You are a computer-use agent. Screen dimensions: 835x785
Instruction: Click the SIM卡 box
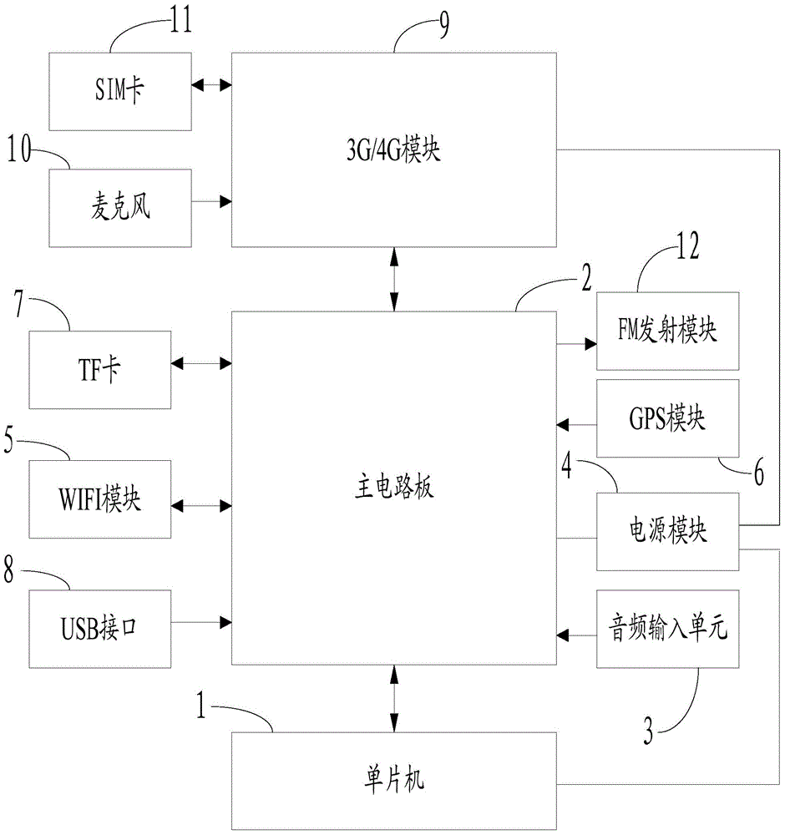(x=119, y=90)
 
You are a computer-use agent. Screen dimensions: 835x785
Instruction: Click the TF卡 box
(x=100, y=370)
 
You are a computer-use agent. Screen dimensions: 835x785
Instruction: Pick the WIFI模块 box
(x=100, y=498)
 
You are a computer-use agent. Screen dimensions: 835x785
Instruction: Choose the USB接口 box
(x=100, y=627)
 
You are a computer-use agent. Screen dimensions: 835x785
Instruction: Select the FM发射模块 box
(x=667, y=331)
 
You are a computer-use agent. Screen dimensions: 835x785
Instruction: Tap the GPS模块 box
(x=667, y=418)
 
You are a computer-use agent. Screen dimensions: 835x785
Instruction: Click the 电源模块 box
(x=667, y=531)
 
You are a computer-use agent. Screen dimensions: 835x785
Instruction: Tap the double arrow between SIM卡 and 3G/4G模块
(x=211, y=84)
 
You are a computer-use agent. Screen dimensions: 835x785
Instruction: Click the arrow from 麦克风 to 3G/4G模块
(x=211, y=201)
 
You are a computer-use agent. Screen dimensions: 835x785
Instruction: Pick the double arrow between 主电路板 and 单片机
(x=394, y=698)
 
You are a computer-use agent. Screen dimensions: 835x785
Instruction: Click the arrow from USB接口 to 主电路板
(x=201, y=621)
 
